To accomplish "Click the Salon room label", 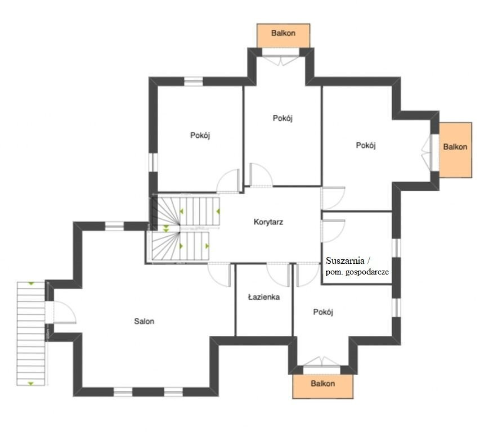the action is tap(144, 321).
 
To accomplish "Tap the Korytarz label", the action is tap(268, 222).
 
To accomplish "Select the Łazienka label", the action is tap(264, 297).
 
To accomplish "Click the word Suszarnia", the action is tap(345, 260).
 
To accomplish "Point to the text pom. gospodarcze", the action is tap(357, 272).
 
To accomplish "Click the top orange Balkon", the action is tap(283, 35).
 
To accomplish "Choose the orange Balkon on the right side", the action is tap(455, 150).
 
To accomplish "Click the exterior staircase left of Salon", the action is tap(30, 334).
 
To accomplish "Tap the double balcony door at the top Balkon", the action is tap(280, 60).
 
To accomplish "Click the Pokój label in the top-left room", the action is tap(200, 135).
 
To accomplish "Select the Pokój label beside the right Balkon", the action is tap(366, 145).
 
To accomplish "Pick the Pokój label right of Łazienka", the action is tap(323, 312).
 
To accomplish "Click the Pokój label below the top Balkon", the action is tap(282, 118).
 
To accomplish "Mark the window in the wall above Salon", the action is tap(114, 226).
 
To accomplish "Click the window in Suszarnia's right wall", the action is tap(396, 248).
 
